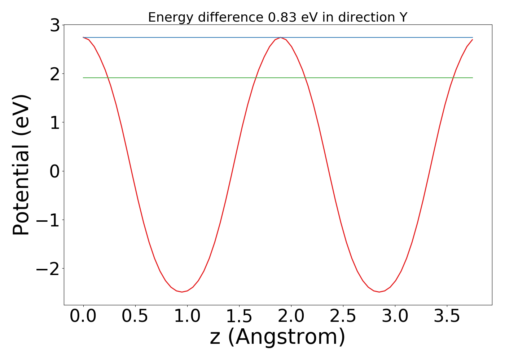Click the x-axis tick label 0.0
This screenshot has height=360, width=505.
click(x=83, y=316)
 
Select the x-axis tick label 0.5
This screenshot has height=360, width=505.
click(x=135, y=316)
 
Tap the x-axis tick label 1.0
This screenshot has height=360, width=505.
click(x=187, y=316)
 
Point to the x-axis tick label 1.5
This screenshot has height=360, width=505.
click(x=239, y=316)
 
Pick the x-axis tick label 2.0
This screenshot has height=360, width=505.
click(x=291, y=316)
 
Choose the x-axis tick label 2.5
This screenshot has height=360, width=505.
click(x=343, y=316)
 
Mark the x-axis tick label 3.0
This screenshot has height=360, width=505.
click(x=395, y=316)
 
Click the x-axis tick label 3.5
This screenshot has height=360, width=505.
click(x=447, y=316)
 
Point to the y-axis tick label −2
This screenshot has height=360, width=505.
click(x=48, y=269)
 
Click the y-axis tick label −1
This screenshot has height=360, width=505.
click(x=48, y=220)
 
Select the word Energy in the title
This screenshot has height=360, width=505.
click(x=169, y=17)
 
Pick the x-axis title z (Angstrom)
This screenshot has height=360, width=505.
click(x=277, y=337)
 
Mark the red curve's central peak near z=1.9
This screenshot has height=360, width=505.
click(x=281, y=37)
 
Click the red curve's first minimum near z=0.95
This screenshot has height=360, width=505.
click(x=182, y=292)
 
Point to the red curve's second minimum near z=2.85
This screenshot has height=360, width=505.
click(x=379, y=292)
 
